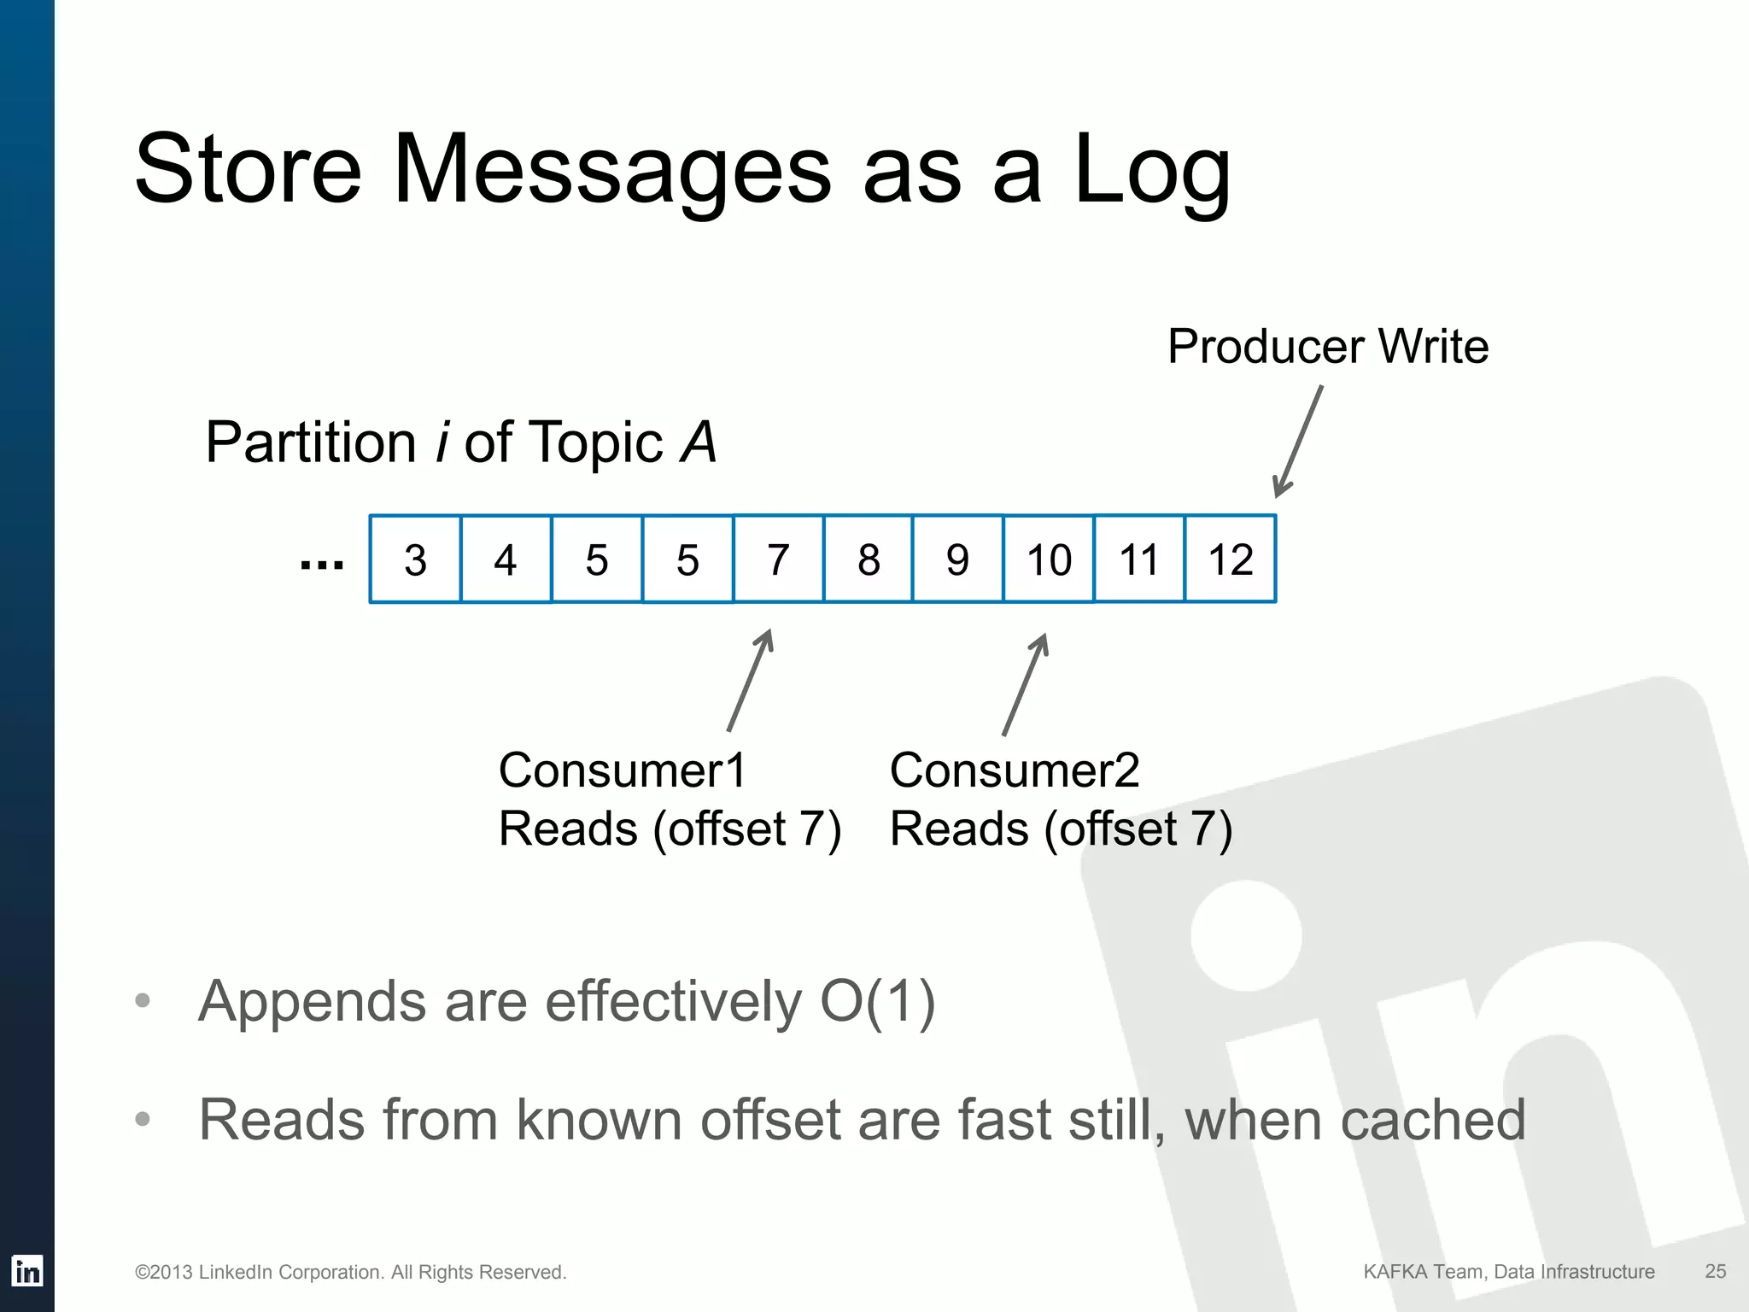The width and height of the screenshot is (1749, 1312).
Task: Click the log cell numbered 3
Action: click(415, 559)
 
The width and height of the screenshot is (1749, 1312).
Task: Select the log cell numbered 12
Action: click(1230, 559)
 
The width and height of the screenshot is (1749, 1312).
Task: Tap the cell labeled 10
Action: click(1049, 559)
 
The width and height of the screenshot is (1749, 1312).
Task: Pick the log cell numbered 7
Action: click(778, 559)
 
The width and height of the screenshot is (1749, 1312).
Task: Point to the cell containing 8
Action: click(869, 559)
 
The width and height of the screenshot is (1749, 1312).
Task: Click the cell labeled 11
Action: click(1139, 559)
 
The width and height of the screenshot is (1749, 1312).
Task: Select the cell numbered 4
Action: click(506, 559)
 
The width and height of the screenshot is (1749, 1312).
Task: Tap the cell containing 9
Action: click(957, 559)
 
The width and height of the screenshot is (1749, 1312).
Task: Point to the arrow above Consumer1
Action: click(750, 681)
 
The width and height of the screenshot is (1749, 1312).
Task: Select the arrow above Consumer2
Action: click(1025, 684)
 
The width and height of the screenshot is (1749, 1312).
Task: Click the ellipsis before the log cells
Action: click(322, 565)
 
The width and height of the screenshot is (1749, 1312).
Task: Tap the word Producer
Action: click(1266, 347)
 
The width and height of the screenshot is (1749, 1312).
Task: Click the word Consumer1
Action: click(623, 770)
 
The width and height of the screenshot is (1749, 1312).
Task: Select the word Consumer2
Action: click(1015, 770)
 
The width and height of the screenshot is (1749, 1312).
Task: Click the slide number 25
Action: click(1715, 1271)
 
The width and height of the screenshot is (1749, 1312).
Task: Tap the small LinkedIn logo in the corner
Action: click(27, 1271)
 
